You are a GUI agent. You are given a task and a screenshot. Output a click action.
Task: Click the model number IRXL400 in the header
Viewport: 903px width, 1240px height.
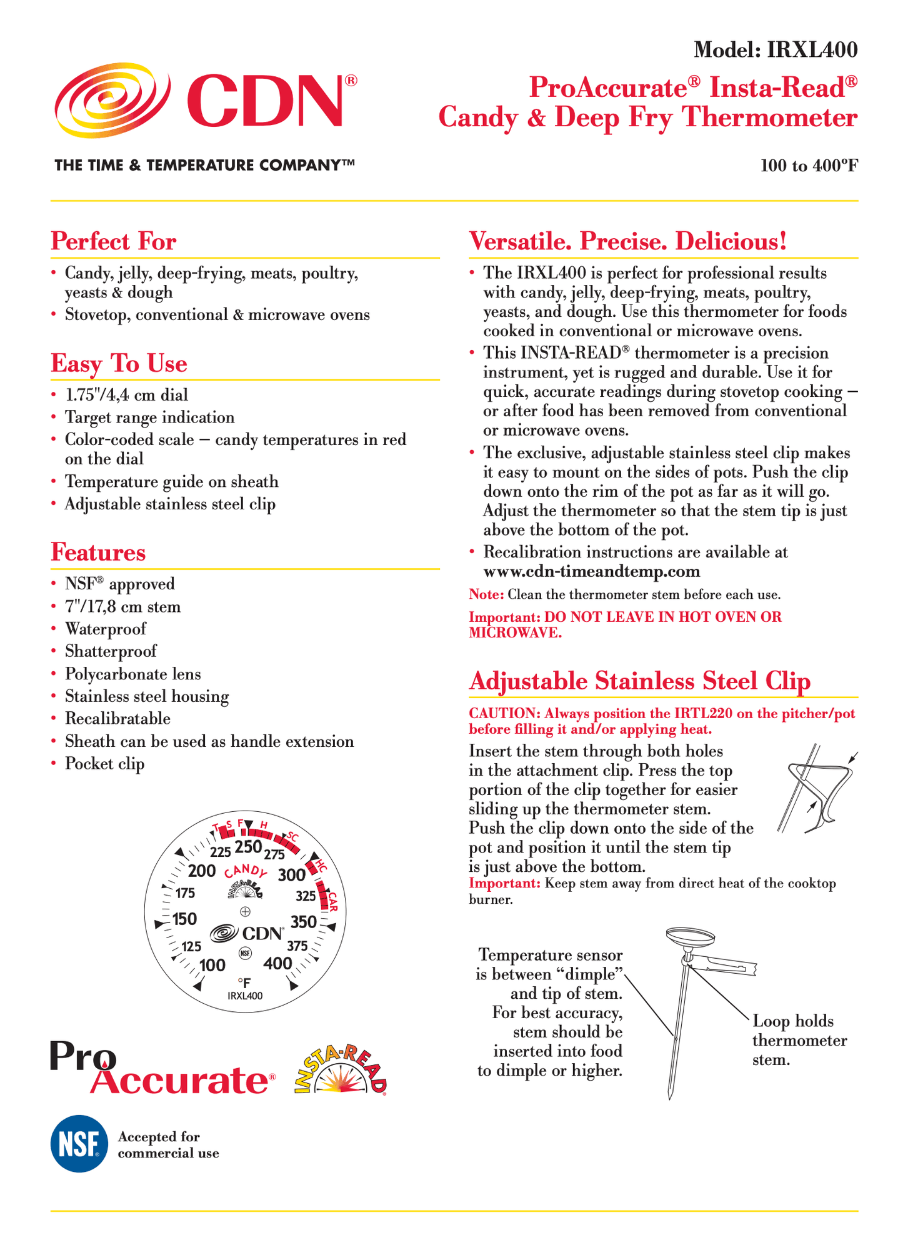[812, 50]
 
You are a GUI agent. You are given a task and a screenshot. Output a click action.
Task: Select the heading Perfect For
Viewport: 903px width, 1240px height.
[114, 241]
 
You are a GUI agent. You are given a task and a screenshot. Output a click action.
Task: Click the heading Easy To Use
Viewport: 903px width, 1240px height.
[119, 363]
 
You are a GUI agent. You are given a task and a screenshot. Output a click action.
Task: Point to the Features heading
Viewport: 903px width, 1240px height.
[98, 552]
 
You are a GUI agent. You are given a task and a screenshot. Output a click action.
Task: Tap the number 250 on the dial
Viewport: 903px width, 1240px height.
[247, 847]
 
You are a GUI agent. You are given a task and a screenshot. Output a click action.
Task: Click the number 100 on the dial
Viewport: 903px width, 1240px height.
[212, 966]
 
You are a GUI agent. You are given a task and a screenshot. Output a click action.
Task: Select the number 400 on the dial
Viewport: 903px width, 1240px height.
[277, 963]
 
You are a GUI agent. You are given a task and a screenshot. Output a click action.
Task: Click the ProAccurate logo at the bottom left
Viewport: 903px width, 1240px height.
[162, 1069]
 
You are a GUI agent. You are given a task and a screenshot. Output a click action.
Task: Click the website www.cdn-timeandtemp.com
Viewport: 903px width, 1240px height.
[592, 572]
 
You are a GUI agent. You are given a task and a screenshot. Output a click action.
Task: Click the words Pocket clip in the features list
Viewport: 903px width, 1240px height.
[105, 764]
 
